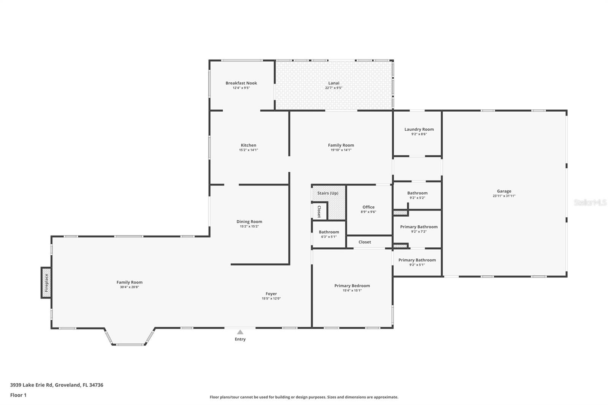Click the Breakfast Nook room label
[241, 83]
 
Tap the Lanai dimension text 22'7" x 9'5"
[334, 88]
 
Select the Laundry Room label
[419, 129]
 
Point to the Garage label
[504, 191]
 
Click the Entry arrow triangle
[240, 332]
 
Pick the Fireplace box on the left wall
[46, 283]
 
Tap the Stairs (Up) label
[328, 193]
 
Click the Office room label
[368, 207]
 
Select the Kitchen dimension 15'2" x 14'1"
[249, 150]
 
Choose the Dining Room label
[249, 221]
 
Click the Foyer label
[271, 294]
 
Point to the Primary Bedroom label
[352, 286]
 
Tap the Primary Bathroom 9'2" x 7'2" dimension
[419, 232]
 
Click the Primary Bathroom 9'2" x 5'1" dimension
[417, 265]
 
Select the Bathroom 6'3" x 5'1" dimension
[329, 237]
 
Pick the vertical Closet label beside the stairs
[319, 212]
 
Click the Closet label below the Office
[364, 242]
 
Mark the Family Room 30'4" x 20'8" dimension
[130, 287]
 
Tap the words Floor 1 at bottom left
[18, 395]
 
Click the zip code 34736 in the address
[97, 384]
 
